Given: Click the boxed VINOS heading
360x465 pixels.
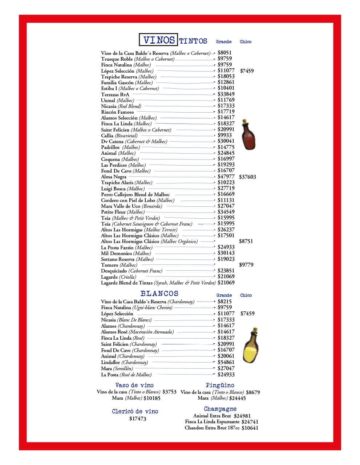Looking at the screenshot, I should click(x=158, y=40).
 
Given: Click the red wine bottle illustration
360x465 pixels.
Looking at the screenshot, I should click(x=248, y=135).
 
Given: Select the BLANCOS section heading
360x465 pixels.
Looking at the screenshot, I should click(x=159, y=294).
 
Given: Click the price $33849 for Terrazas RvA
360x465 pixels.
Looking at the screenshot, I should click(x=226, y=94).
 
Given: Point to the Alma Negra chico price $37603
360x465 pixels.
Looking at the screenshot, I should click(x=247, y=177).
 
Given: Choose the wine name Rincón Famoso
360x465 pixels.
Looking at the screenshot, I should click(x=117, y=112).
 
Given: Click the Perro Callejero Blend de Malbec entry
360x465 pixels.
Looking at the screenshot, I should click(x=135, y=195).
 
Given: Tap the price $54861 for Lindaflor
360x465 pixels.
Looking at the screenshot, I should click(x=226, y=362).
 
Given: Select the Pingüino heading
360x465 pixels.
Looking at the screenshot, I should click(x=220, y=385).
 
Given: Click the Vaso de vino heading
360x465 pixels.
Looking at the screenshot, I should click(x=134, y=385).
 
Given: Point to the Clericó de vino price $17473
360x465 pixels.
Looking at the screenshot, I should click(x=138, y=419).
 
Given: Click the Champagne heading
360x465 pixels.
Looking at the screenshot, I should click(x=220, y=409).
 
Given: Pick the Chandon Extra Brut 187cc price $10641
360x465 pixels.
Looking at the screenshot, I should click(x=250, y=428).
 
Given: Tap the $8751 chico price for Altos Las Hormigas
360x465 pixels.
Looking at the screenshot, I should click(x=246, y=241).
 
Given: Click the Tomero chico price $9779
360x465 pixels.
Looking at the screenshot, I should click(x=246, y=265).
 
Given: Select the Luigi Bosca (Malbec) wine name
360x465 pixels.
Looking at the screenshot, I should click(x=123, y=189).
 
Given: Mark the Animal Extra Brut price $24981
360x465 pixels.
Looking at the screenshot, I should click(x=242, y=416).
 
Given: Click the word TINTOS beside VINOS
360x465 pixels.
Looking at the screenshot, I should click(x=193, y=41).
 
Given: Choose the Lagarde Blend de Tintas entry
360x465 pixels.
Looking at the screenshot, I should click(x=158, y=283).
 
